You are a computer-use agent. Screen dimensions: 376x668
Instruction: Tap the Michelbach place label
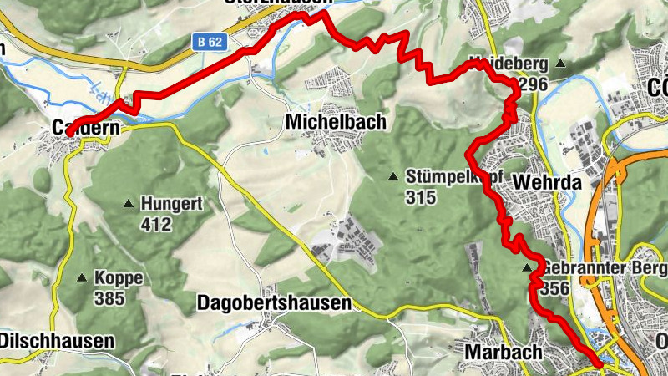point(337,122)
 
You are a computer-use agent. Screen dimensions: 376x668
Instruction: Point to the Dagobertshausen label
point(275,303)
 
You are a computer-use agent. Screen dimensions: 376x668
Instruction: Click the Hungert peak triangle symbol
point(129,203)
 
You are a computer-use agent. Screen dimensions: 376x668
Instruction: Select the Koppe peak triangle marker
point(83,278)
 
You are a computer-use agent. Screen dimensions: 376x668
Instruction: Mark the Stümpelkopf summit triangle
point(392,176)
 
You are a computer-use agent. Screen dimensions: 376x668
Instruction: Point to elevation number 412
point(156,224)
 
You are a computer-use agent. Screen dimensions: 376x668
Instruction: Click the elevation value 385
point(109,298)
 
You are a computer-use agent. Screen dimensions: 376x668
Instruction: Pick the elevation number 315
point(420,197)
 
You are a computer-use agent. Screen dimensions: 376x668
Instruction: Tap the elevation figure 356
point(554,288)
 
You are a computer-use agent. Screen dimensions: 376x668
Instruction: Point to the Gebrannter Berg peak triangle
point(527,268)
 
